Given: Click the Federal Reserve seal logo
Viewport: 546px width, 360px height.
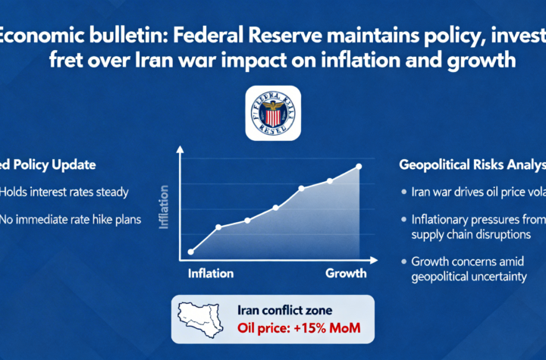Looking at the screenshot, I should [x=273, y=112].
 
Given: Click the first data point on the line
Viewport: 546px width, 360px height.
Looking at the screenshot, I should [x=190, y=252].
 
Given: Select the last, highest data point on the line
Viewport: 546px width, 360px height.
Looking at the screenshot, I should [x=359, y=166].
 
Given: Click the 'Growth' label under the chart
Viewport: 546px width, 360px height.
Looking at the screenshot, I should [x=346, y=274].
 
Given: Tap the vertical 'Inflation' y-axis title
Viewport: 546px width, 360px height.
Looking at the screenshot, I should [x=165, y=207].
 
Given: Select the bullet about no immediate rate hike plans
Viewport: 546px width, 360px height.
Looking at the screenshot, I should [x=72, y=219].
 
